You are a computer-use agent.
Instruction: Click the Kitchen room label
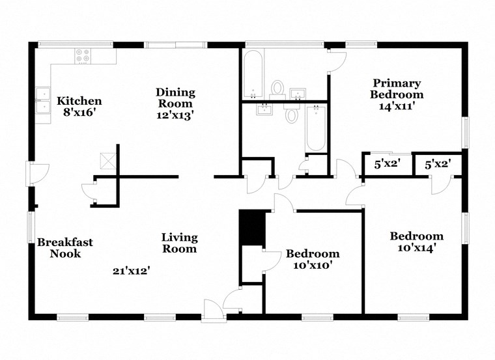click(79, 101)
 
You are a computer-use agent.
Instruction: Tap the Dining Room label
click(175, 98)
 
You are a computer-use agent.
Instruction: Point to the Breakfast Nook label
click(64, 247)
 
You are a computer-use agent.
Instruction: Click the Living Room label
click(179, 242)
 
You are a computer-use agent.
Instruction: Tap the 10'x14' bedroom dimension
click(417, 247)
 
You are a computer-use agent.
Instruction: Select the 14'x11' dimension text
click(397, 106)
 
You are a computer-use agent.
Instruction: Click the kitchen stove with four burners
click(83, 56)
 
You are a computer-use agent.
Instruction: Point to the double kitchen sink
click(43, 104)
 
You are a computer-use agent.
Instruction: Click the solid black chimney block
click(252, 227)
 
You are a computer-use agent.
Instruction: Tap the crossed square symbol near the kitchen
click(106, 160)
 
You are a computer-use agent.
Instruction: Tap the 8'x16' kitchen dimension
click(79, 113)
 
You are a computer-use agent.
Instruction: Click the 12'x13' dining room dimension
click(175, 115)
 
